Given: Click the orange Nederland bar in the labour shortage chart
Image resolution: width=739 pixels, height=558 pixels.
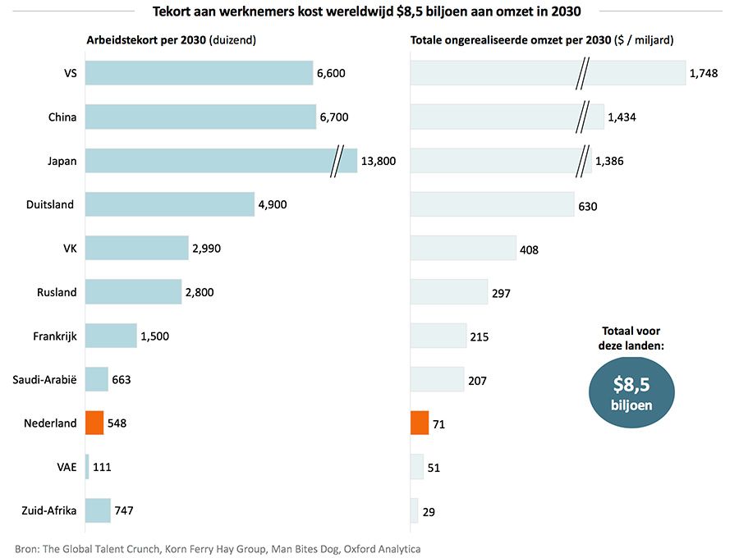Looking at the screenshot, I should coord(94,423).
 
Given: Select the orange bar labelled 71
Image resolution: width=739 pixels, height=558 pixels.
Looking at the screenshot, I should coord(419,423).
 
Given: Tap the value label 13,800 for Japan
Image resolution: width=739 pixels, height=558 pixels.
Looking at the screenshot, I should coord(379,161).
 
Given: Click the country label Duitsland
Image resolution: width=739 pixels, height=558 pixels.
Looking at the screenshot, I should coord(51,204).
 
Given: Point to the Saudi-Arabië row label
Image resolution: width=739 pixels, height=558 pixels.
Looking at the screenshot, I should coord(45,380).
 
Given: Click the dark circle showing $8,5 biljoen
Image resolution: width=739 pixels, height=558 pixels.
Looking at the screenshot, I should coord(631,392).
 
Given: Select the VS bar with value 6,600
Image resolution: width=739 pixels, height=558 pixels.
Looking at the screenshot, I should coord(199,73).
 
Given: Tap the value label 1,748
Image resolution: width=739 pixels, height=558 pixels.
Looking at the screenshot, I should coord(704,73).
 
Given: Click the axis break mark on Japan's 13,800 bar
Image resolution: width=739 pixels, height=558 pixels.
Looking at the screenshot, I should coord(337,161).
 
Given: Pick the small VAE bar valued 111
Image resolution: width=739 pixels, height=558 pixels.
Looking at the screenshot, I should coord(86,467).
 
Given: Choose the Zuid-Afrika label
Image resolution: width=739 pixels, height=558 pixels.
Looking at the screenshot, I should coord(49,510).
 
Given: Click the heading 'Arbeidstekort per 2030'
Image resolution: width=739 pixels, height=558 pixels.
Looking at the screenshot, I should coord(147,40).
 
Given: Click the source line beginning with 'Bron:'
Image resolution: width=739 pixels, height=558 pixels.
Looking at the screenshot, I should coord(218,547).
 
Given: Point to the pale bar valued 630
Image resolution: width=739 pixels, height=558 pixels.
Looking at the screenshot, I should coord(492,204).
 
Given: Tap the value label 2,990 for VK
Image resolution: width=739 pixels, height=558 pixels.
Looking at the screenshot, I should coord(207,248).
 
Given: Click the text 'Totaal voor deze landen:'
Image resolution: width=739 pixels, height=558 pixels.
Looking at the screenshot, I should coord(632,338).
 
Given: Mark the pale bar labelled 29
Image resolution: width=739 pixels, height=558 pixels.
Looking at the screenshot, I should coord(414,510).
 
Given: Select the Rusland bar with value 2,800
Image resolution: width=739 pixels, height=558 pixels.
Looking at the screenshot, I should coord(133,292).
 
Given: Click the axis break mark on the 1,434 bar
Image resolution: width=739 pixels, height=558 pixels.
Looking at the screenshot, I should coord(583,117).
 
